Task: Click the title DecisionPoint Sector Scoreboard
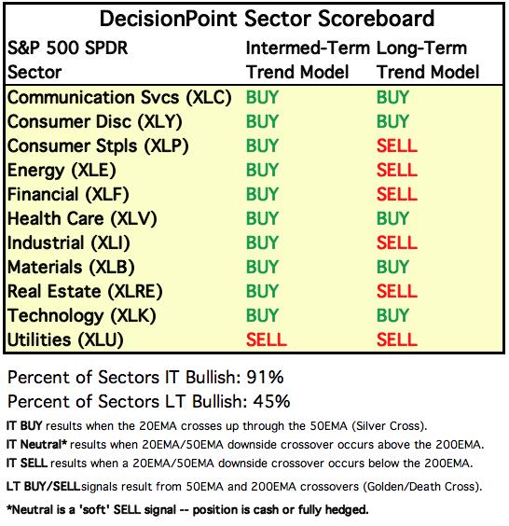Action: click(267, 19)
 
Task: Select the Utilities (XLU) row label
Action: click(65, 339)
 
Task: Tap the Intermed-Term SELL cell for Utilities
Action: click(267, 339)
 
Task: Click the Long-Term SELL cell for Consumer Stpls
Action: click(397, 145)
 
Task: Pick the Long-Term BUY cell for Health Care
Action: click(392, 218)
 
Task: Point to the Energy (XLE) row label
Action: click(62, 170)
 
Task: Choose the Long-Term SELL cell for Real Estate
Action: click(397, 291)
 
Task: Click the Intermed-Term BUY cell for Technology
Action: click(262, 315)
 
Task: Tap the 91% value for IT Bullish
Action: click(265, 377)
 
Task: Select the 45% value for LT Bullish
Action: click(271, 401)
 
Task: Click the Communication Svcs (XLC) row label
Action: click(119, 98)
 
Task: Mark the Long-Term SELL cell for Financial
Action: click(397, 194)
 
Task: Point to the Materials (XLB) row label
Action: click(71, 267)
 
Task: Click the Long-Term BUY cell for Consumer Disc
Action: click(392, 121)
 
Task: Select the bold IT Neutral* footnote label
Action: click(36, 445)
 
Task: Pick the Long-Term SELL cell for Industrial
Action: click(397, 242)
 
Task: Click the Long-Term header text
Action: click(421, 48)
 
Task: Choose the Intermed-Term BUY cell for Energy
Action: click(262, 170)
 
